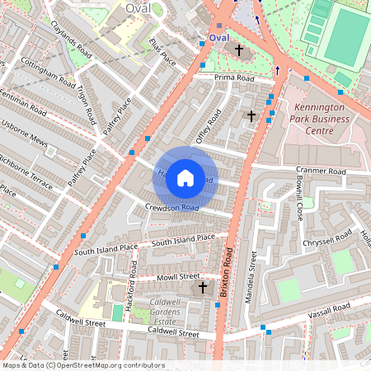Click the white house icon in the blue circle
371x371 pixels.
[x=185, y=178]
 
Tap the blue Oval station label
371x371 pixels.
[x=218, y=38]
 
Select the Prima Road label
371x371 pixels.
[x=234, y=77]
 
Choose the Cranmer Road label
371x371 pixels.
[x=321, y=171]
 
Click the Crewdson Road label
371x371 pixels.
[x=171, y=207]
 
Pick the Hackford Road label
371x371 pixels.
[x=132, y=285]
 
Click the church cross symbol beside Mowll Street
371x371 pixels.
[x=203, y=288]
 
